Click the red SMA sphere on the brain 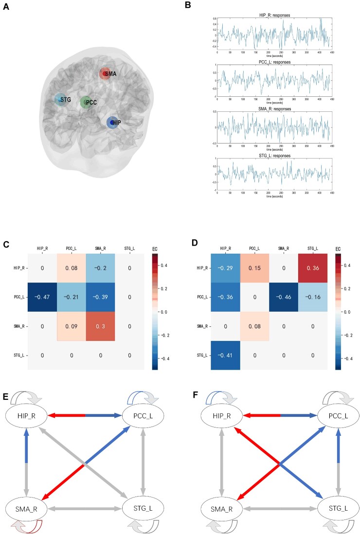point(105,74)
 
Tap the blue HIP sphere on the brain point(113,123)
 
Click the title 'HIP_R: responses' point(275,15)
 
